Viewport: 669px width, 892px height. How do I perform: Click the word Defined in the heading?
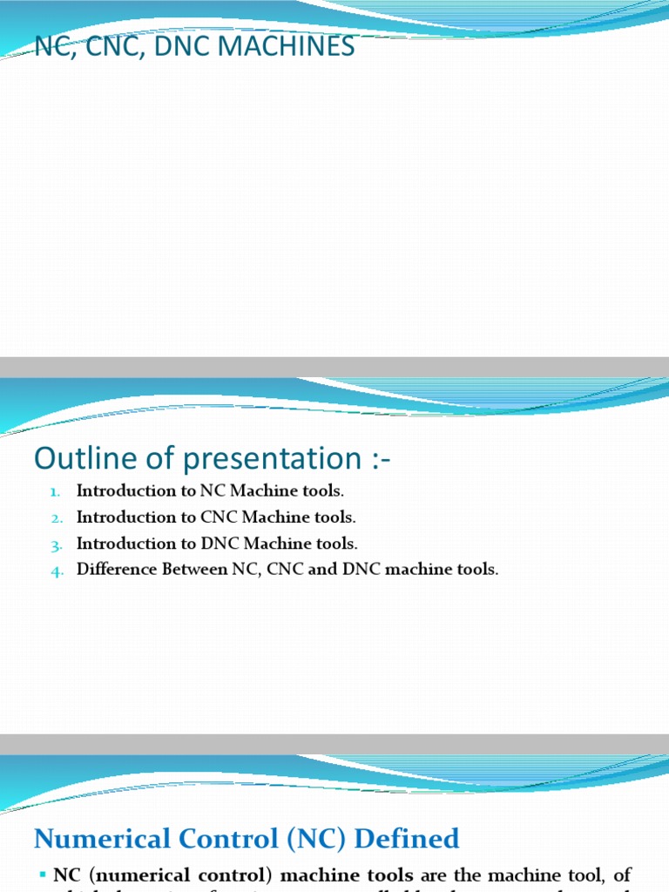coord(415,839)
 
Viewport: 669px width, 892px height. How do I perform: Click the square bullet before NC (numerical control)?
coord(43,874)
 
